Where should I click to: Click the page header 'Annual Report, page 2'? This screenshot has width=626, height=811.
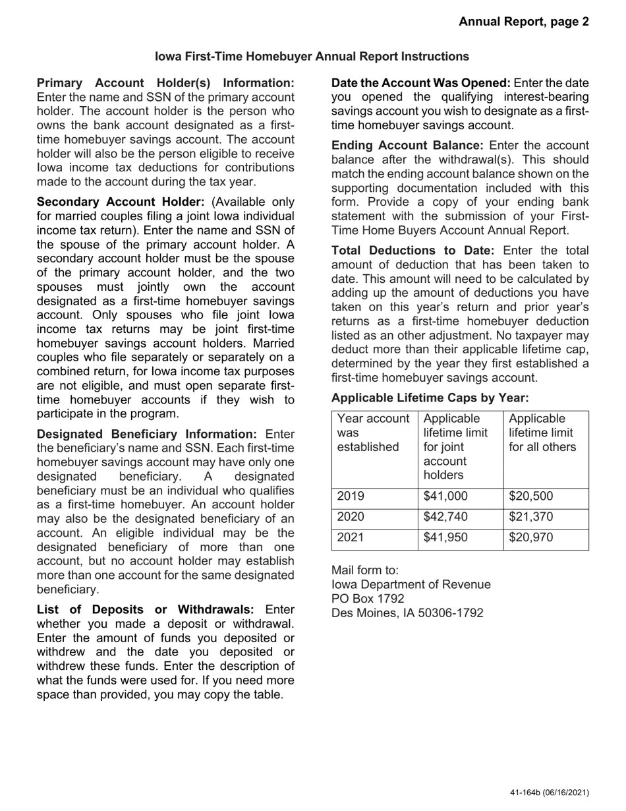pos(524,22)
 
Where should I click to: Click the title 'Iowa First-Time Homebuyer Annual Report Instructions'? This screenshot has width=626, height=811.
pos(312,57)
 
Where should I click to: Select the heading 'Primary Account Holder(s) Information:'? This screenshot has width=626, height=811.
pos(165,83)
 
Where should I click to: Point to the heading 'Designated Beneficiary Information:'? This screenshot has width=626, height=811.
pos(147,434)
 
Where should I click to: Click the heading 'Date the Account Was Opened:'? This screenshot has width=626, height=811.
pos(420,83)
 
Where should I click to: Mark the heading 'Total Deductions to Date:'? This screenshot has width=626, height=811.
pos(413,251)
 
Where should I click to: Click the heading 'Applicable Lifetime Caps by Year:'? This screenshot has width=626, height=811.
pos(430,398)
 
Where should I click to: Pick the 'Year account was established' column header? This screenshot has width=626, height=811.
pos(373,433)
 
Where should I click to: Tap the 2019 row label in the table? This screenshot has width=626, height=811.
pos(351,496)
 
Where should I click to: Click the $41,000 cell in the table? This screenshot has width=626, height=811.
pos(445,496)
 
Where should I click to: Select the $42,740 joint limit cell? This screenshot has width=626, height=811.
pos(445,517)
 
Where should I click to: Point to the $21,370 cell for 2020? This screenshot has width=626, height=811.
pos(531,517)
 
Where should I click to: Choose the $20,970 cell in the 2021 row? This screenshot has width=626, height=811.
pos(531,537)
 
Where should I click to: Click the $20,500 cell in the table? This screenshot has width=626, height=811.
pos(531,496)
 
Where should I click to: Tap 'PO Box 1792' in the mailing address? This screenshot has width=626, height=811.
pos(368,599)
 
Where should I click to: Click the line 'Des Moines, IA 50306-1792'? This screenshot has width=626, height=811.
pos(407,613)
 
